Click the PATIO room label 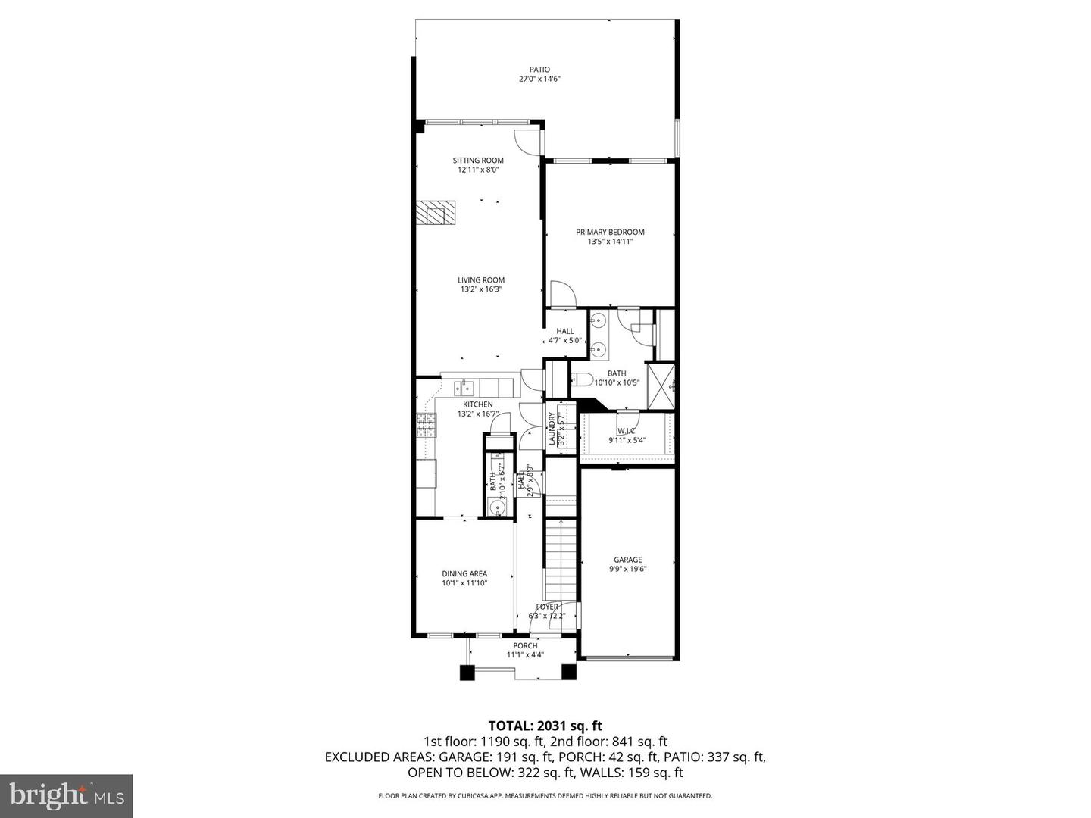(539, 70)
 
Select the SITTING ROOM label (478, 160)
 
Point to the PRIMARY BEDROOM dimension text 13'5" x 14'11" (610, 242)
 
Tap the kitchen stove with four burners (426, 426)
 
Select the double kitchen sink (464, 389)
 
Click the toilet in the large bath (582, 380)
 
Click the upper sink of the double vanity (598, 320)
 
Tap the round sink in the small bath (495, 507)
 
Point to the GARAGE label (627, 560)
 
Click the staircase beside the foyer (561, 560)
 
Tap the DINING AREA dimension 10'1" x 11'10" (464, 583)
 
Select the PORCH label (525, 645)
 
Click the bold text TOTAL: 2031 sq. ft (545, 726)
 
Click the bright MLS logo (67, 795)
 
